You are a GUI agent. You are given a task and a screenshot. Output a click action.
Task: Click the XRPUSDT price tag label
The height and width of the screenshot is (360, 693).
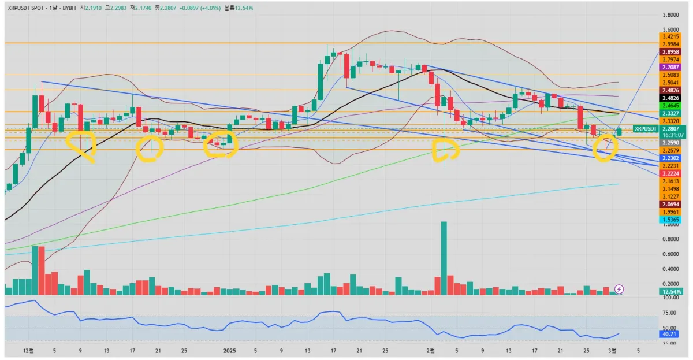[645, 128]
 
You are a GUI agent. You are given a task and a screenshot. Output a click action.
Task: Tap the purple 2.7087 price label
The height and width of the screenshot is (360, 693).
[670, 68]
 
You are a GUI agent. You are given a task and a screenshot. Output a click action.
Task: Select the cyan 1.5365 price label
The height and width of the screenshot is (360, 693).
[670, 220]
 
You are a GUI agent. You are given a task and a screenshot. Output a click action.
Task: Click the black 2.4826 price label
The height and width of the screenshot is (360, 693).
[670, 98]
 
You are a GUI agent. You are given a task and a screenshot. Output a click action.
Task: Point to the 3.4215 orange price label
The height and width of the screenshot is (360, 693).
[670, 36]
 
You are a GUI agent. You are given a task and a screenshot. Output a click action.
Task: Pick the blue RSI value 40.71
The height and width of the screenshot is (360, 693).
[670, 334]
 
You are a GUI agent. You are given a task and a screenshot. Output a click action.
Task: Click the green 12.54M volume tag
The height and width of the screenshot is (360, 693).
[670, 292]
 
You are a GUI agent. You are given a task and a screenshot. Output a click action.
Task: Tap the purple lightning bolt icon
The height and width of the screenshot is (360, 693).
[619, 288]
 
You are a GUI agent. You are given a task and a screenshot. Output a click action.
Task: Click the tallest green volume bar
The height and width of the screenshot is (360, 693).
[444, 258]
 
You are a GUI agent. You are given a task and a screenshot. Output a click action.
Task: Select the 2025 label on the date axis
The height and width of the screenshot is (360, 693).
[229, 351]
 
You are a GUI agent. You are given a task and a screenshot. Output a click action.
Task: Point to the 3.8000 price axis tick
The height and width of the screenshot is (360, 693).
[670, 15]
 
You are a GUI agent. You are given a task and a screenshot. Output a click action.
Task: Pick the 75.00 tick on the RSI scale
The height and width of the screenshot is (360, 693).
[670, 313]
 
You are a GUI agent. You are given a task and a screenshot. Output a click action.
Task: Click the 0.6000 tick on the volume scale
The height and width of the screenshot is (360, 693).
[670, 254]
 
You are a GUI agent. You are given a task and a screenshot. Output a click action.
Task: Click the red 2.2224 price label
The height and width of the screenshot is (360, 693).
[670, 173]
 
